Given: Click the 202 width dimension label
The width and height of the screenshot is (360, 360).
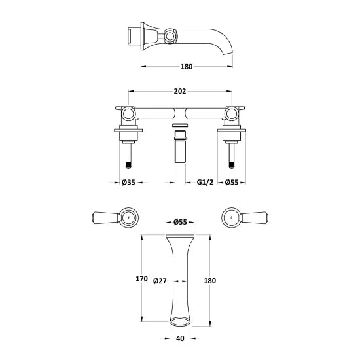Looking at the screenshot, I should (180, 92).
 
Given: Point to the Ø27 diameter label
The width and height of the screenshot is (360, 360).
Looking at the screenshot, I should (160, 281).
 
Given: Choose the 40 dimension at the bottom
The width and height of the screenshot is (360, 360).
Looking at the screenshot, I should (180, 339).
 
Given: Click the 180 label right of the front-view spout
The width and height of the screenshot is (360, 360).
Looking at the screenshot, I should (209, 280).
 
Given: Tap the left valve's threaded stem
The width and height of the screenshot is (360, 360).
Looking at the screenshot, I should (128, 158).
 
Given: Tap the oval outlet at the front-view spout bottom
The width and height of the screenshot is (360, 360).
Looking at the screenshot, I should (179, 321).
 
